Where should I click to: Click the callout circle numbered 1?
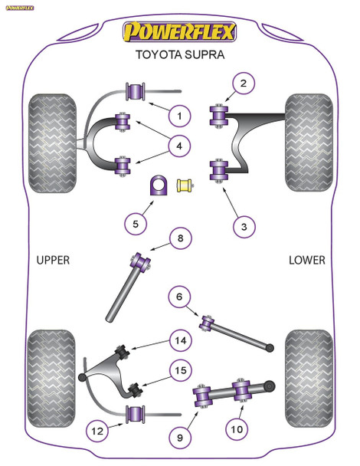click(179, 116)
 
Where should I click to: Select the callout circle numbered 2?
click(243, 84)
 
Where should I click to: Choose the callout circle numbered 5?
click(136, 224)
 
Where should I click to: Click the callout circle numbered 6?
click(180, 297)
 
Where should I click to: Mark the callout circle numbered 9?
click(180, 438)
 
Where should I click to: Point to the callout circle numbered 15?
click(180, 371)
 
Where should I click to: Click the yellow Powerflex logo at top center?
click(180, 33)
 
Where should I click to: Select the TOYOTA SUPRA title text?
click(180, 57)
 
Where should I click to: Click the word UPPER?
click(53, 260)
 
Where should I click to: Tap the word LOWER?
click(306, 260)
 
